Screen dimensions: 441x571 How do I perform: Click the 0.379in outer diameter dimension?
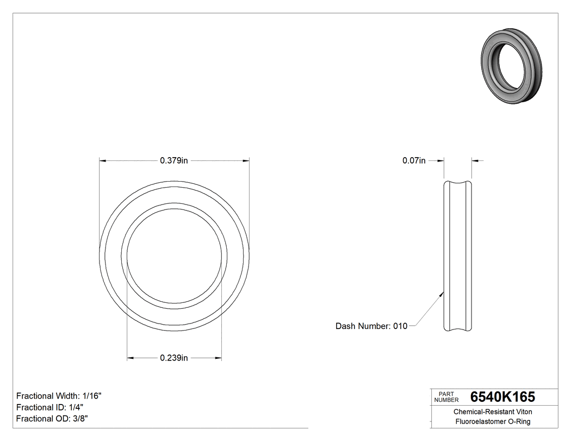[173, 160]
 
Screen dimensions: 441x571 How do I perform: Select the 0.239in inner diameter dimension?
[173, 358]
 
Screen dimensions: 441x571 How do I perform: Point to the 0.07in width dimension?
[414, 160]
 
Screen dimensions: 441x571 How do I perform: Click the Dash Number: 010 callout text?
[371, 326]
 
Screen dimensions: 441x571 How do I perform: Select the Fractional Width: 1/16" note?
[59, 396]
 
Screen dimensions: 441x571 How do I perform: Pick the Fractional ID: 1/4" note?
[49, 407]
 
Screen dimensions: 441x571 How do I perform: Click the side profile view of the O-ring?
[458, 256]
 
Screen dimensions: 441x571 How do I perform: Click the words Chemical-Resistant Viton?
[493, 412]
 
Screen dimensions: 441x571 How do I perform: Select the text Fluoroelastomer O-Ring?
[493, 422]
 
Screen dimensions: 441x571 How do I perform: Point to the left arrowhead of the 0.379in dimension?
[102, 160]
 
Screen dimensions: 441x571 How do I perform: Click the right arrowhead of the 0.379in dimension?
[246, 160]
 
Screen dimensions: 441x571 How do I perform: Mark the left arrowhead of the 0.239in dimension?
[131, 358]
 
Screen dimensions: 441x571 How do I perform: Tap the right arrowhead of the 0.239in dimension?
[218, 358]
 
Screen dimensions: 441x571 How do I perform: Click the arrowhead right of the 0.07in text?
[440, 160]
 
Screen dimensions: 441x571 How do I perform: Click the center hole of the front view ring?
[174, 256]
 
